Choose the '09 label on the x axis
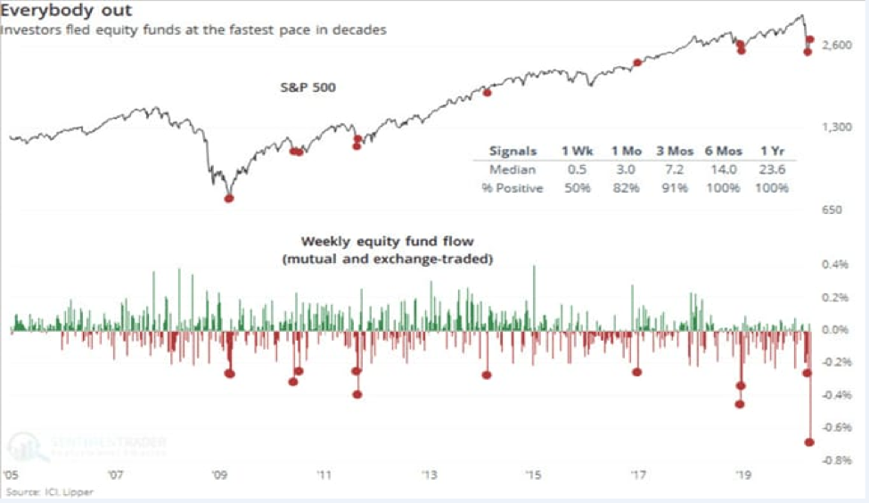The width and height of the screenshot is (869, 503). click(220, 475)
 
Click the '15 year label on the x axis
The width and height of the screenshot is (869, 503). click(533, 475)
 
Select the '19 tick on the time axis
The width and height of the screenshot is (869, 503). click(742, 475)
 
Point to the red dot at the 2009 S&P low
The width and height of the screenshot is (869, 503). click(228, 198)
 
